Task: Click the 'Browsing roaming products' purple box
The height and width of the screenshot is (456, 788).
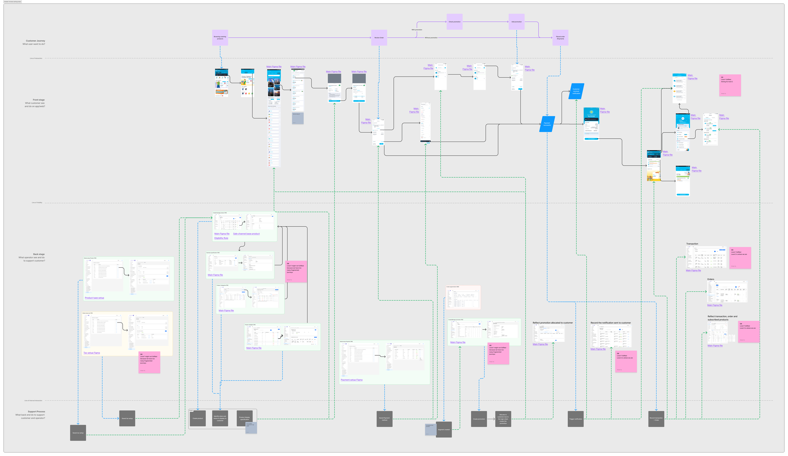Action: coord(220,38)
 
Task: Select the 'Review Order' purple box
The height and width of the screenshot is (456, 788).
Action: coord(379,38)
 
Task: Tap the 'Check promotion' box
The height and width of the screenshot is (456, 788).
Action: coord(455,22)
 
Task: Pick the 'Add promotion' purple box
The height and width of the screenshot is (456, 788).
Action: coord(516,22)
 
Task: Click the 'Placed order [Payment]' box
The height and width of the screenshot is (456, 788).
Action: coord(560,38)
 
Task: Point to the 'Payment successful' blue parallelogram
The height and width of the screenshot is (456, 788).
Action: coord(547,124)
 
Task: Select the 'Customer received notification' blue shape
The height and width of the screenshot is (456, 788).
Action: coord(576,91)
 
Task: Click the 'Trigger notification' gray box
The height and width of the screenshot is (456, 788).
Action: coord(576,419)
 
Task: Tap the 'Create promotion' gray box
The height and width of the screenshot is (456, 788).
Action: coord(479,419)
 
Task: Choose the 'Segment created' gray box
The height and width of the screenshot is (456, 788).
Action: coord(444,429)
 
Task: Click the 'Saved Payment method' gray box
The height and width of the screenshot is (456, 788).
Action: coord(385,419)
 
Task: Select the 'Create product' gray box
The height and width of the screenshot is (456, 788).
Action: coord(198,418)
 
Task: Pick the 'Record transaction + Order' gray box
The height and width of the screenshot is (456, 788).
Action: coord(656,419)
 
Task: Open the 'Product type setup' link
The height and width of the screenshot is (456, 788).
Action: coord(94,298)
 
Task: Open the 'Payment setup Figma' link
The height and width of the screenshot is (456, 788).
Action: coord(351,380)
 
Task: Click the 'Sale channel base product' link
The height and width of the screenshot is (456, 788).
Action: coord(246,234)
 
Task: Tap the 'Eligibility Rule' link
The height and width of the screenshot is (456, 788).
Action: coord(221,238)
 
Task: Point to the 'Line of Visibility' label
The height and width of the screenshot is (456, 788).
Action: coord(37,203)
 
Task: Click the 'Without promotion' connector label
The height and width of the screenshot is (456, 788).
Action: coord(431,38)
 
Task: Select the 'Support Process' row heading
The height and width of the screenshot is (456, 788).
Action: coord(36,412)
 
